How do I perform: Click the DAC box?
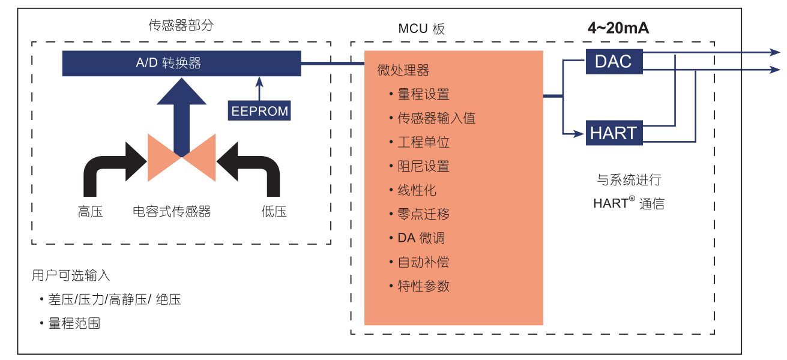coord(614,61)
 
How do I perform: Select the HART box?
coord(614,133)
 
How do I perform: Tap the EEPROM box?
coord(259,111)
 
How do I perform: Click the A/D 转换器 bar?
coord(181,63)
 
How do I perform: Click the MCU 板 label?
coord(421,29)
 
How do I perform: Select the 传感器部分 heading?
coord(181,25)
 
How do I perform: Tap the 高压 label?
coord(90,211)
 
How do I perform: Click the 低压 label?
coord(274,211)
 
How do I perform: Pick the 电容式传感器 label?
coord(172,211)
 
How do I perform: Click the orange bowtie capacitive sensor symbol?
coord(181,158)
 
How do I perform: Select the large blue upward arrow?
coord(181,114)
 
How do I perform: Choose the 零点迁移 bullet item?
coord(423,214)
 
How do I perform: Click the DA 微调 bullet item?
coord(421,238)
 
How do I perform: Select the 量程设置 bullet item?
coord(423,94)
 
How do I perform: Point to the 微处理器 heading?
coord(403,70)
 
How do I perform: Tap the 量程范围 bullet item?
coord(74,323)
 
